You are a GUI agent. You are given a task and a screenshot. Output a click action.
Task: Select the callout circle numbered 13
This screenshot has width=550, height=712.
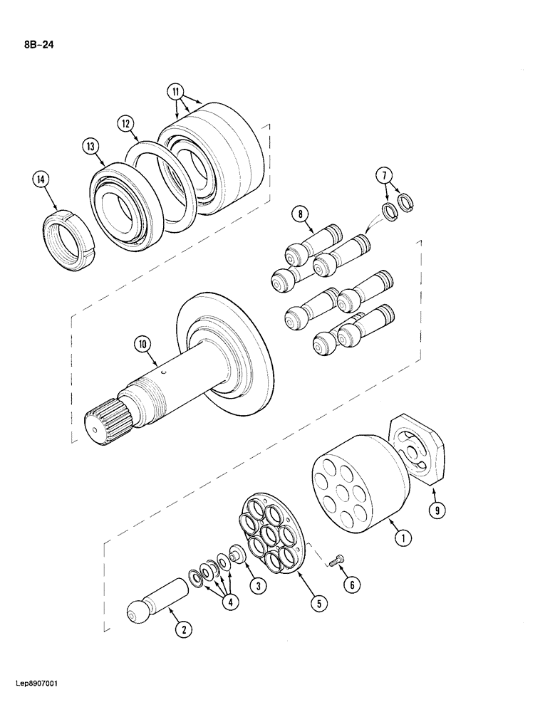[90, 147]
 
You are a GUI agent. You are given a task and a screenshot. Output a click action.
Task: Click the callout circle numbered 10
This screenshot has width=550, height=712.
[142, 345]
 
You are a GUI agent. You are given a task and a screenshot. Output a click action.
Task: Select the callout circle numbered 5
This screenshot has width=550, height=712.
[318, 604]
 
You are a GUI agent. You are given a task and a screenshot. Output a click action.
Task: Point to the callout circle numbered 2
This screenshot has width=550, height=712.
[183, 629]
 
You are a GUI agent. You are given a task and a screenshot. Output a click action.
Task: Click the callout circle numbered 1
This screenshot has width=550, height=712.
[403, 539]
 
